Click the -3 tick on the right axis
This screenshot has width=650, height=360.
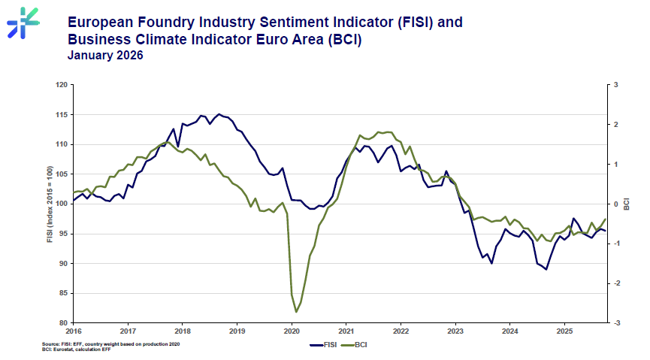616,323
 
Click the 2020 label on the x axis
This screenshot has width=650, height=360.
292,331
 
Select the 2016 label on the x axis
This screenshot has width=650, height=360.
74,331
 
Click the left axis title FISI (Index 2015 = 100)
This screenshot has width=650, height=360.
50,204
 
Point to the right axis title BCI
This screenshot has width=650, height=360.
627,204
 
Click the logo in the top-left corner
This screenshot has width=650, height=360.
23,22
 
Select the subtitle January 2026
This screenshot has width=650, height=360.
104,55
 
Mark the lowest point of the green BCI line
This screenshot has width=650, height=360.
296,312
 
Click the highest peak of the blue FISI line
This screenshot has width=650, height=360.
219,114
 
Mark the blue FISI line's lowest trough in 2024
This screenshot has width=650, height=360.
546,269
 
